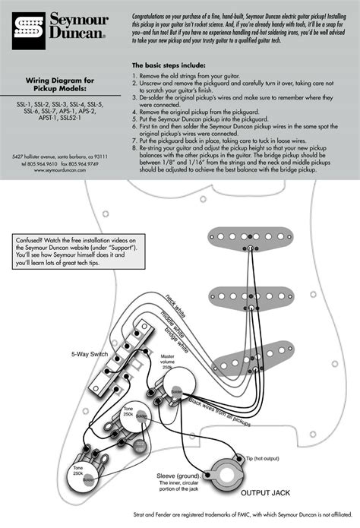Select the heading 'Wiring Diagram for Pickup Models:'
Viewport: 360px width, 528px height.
(x=60, y=84)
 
